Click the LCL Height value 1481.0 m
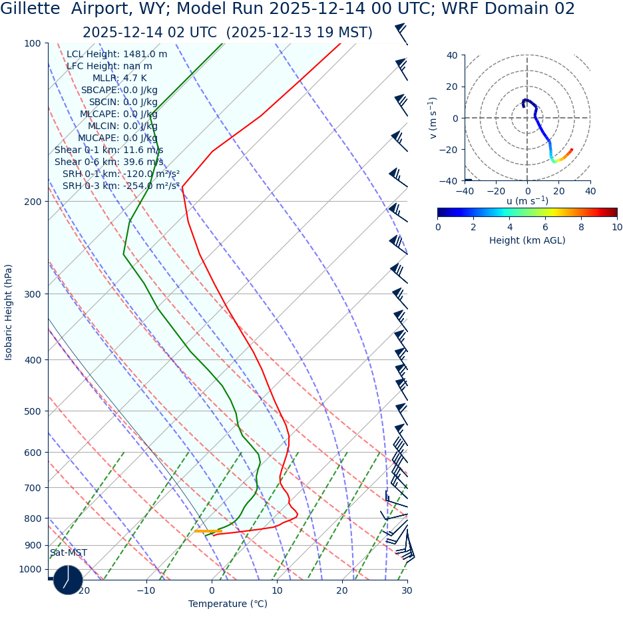[x=145, y=54]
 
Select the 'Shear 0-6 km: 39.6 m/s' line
[x=108, y=162]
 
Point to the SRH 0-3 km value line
[x=121, y=186]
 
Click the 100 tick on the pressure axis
[x=32, y=43]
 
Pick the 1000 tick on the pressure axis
[x=29, y=569]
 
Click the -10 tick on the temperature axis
[x=146, y=590]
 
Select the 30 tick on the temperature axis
[x=407, y=590]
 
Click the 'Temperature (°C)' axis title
[x=228, y=604]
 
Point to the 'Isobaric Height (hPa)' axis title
[x=9, y=312]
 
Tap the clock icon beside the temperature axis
[x=68, y=580]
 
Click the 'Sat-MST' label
[x=68, y=552]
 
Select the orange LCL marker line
[x=208, y=530]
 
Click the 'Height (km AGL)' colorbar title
[x=527, y=240]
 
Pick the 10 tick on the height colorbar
[x=617, y=227]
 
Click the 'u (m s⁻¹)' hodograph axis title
[x=527, y=201]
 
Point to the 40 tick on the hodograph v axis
[x=451, y=55]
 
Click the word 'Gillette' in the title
[x=31, y=9]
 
